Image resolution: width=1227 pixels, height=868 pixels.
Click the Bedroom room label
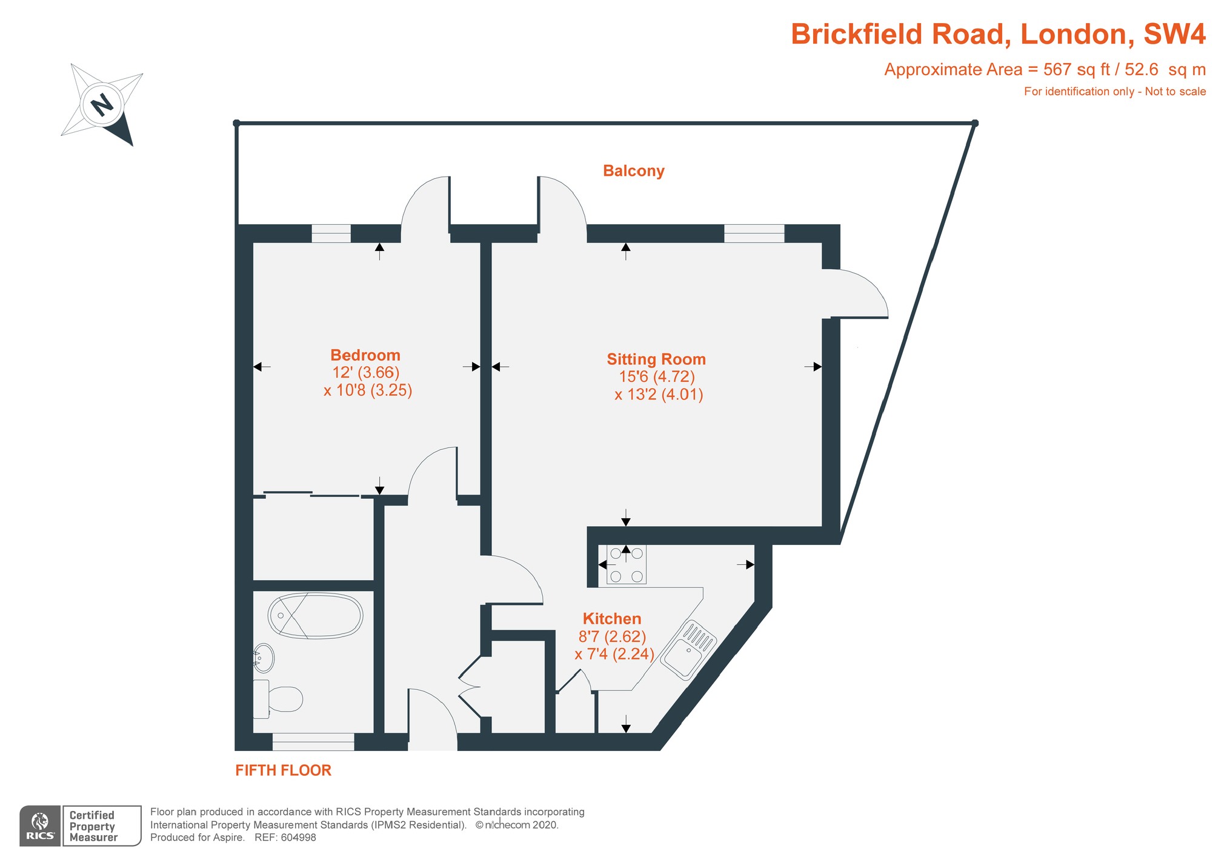[x=365, y=355]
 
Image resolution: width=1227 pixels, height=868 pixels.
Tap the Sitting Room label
[x=656, y=359]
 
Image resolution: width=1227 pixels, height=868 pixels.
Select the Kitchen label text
[x=611, y=619]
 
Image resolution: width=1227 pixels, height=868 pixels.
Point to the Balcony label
[x=633, y=171]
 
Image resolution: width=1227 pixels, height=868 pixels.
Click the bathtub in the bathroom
[x=315, y=616]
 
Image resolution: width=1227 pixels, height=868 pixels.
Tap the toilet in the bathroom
[x=279, y=698]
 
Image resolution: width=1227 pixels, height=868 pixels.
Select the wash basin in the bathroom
[x=264, y=658]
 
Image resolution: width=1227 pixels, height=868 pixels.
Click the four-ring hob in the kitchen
[x=626, y=564]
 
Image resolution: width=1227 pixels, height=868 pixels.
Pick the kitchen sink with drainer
[x=688, y=649]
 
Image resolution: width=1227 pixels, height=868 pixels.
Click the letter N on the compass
[x=102, y=105]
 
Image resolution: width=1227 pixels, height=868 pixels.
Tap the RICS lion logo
[x=41, y=822]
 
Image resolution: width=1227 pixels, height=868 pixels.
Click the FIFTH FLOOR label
[x=283, y=770]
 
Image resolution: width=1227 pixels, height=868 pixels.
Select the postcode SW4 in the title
[x=1174, y=34]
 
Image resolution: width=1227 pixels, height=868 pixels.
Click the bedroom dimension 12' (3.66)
[x=365, y=372]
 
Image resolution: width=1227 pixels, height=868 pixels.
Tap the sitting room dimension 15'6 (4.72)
[x=656, y=376]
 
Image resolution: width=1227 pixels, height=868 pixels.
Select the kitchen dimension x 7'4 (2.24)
[x=614, y=654]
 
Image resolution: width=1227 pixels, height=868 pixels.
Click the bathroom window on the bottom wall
[x=313, y=741]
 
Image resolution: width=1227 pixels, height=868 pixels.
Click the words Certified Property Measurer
[x=93, y=826]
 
